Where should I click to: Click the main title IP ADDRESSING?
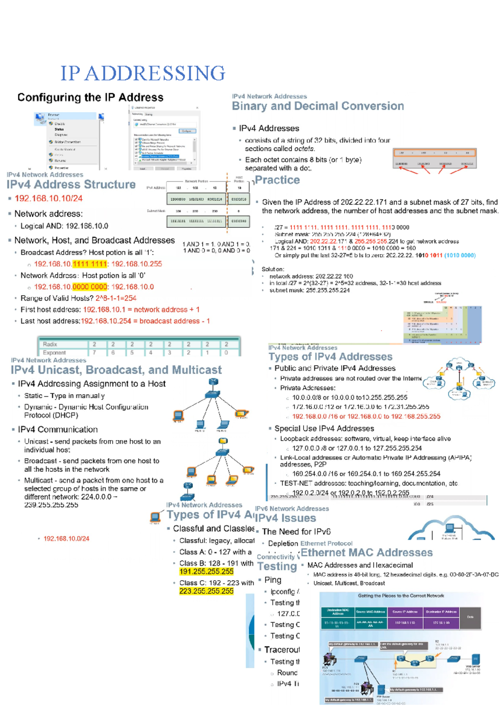pyautogui.click(x=143, y=73)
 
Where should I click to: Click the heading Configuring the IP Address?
pyautogui.click(x=90, y=97)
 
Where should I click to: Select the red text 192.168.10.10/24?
pyautogui.click(x=49, y=198)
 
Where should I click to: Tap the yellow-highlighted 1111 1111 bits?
pyautogui.click(x=90, y=264)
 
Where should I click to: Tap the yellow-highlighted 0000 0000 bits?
pyautogui.click(x=90, y=287)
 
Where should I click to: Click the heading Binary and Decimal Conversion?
pyautogui.click(x=318, y=106)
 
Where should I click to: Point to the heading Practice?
pyautogui.click(x=277, y=180)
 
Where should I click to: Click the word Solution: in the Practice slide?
pyautogui.click(x=273, y=269)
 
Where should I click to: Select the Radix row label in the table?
pyautogui.click(x=50, y=344)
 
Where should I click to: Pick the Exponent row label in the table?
pyautogui.click(x=54, y=353)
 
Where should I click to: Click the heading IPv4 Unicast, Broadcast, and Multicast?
pyautogui.click(x=116, y=370)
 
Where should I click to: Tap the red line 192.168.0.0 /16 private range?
pyautogui.click(x=366, y=416)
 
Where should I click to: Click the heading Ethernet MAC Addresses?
pyautogui.click(x=366, y=553)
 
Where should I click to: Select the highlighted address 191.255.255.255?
pyautogui.click(x=206, y=572)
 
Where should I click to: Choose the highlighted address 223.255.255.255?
pyautogui.click(x=206, y=591)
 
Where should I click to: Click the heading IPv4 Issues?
pyautogui.click(x=286, y=518)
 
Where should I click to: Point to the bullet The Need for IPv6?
pyautogui.click(x=296, y=531)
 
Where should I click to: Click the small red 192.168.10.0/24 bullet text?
pyautogui.click(x=67, y=538)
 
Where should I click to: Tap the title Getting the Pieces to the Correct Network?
pyautogui.click(x=401, y=596)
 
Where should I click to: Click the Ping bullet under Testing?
pyautogui.click(x=273, y=580)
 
